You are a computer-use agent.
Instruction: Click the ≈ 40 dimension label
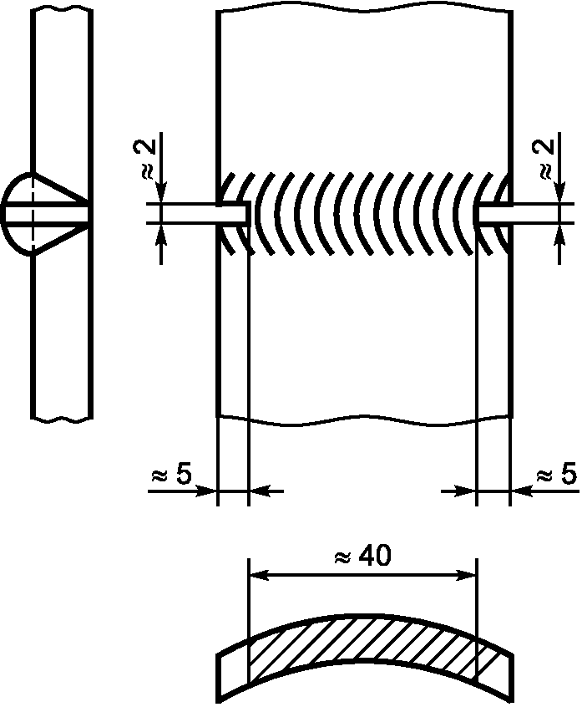(x=362, y=557)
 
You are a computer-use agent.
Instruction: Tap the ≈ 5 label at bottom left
(x=172, y=475)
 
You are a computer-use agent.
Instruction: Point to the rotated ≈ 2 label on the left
(x=144, y=159)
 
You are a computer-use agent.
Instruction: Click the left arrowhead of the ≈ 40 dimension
(x=259, y=575)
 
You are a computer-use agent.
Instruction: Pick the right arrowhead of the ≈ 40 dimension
(x=467, y=575)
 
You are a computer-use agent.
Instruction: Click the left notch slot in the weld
(x=233, y=213)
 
